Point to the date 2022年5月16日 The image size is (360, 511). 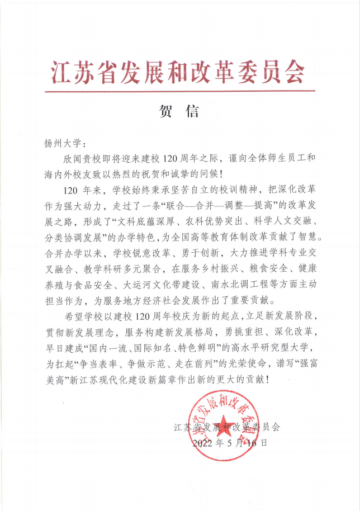[230, 443]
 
